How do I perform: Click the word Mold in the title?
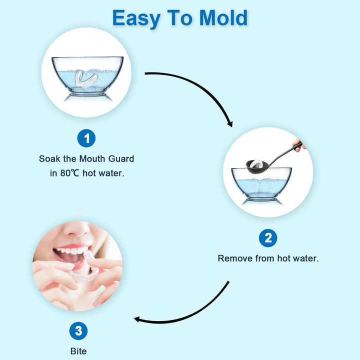tap(223, 18)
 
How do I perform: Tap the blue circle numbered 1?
tap(86, 138)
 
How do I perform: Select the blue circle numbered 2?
tap(268, 238)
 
